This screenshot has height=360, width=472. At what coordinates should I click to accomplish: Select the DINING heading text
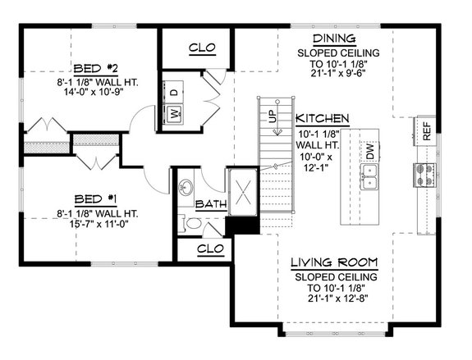(x=333, y=39)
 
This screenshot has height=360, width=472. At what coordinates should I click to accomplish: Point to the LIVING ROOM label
(x=335, y=263)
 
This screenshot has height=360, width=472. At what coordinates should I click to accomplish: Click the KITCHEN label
(x=323, y=117)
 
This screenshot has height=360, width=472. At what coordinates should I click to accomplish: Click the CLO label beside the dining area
(x=201, y=48)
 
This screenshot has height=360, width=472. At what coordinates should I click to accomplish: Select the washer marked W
(x=176, y=114)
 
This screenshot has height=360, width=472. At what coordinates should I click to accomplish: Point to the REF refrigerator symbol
(x=427, y=130)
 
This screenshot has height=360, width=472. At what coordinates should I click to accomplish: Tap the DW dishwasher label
(x=371, y=151)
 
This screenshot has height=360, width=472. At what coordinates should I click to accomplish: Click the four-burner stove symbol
(x=424, y=175)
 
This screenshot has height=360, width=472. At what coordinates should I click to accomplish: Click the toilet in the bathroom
(x=189, y=222)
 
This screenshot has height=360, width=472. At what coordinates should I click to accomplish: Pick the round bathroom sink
(x=187, y=185)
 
